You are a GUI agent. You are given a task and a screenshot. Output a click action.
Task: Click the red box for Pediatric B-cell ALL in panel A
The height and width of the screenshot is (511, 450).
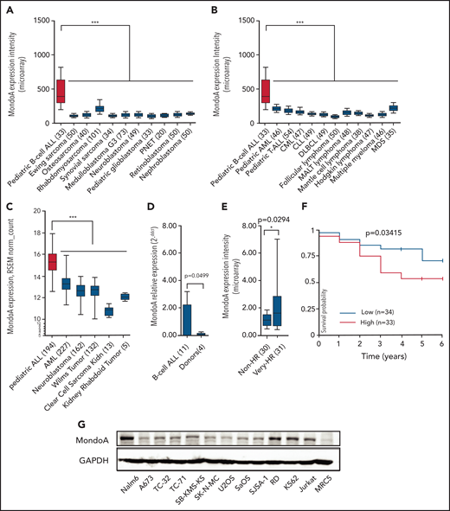[61, 90]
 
